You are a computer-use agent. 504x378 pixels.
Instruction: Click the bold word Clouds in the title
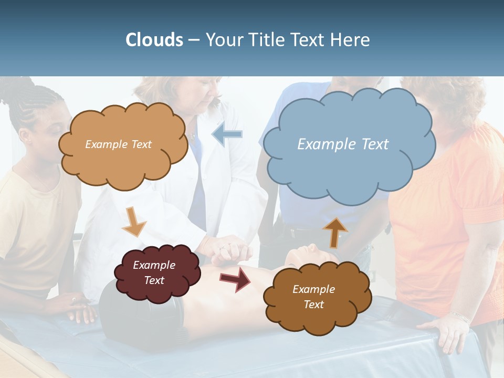154,40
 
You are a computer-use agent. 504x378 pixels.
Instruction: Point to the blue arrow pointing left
227,134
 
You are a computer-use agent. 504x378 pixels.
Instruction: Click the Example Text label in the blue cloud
343,144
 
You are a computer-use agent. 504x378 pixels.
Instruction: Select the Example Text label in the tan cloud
118,144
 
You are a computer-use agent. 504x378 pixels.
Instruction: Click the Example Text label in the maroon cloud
154,273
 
